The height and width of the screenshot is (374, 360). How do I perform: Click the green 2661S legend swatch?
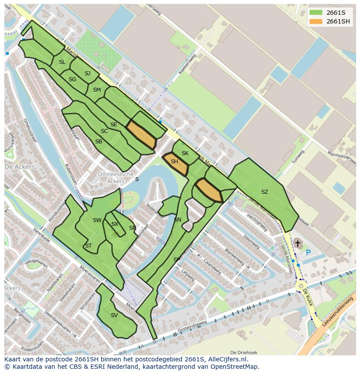click(x=316, y=13)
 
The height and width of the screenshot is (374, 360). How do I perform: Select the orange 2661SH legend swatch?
click(x=316, y=21)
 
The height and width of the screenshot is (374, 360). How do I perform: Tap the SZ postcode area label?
click(x=264, y=192)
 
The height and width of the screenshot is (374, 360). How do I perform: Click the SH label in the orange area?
click(x=174, y=162)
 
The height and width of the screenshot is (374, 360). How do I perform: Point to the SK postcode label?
click(x=185, y=153)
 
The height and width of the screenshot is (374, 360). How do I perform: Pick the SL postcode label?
click(x=62, y=62)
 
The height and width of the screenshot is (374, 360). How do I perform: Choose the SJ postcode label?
click(x=87, y=73)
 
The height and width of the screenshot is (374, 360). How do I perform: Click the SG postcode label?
click(x=72, y=79)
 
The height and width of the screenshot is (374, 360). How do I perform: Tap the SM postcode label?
click(x=97, y=90)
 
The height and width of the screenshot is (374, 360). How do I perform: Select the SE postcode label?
click(x=113, y=125)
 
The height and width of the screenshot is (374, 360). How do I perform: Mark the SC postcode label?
click(x=104, y=131)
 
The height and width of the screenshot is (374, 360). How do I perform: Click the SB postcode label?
click(x=99, y=142)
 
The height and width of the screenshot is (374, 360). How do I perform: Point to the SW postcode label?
click(x=97, y=220)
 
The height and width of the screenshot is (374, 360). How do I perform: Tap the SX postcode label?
click(x=115, y=224)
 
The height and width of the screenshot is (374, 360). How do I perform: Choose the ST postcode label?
click(x=88, y=246)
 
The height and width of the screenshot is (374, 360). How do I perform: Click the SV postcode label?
click(x=114, y=315)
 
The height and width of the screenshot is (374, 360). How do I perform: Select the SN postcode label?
click(x=177, y=220)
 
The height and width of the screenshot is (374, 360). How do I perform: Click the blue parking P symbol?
click(x=308, y=252)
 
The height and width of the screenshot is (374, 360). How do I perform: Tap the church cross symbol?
click(x=298, y=244)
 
